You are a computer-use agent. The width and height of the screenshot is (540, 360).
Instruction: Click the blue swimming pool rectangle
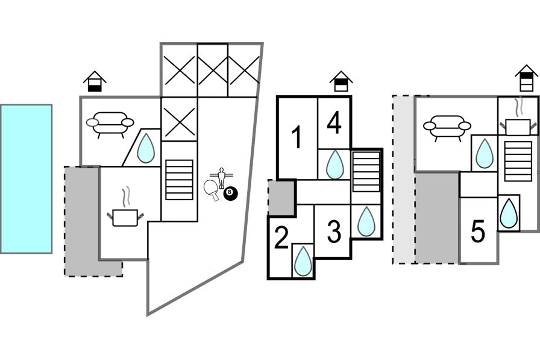26,178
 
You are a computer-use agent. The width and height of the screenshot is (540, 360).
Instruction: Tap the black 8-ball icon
230,194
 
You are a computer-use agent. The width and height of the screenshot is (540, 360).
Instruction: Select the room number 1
296,138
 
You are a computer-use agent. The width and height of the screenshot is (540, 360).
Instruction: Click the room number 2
281,239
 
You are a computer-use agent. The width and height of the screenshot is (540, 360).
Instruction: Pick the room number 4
334,123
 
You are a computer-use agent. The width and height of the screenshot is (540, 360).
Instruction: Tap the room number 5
478,232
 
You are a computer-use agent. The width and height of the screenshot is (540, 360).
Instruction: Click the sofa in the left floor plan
110,124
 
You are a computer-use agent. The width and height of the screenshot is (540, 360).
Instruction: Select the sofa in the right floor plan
447,127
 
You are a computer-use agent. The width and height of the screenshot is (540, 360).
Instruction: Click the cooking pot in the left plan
125,216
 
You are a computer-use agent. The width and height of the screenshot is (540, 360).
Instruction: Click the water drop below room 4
334,164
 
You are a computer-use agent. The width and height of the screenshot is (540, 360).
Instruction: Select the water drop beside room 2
303,261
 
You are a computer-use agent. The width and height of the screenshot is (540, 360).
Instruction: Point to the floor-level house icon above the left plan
95,81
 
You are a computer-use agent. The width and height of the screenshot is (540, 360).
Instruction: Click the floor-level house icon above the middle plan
341,81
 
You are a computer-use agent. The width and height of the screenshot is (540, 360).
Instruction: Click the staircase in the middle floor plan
366,172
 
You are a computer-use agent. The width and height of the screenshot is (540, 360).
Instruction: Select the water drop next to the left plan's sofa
145,148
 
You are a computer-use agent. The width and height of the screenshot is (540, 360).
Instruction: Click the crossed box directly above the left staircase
180,119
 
